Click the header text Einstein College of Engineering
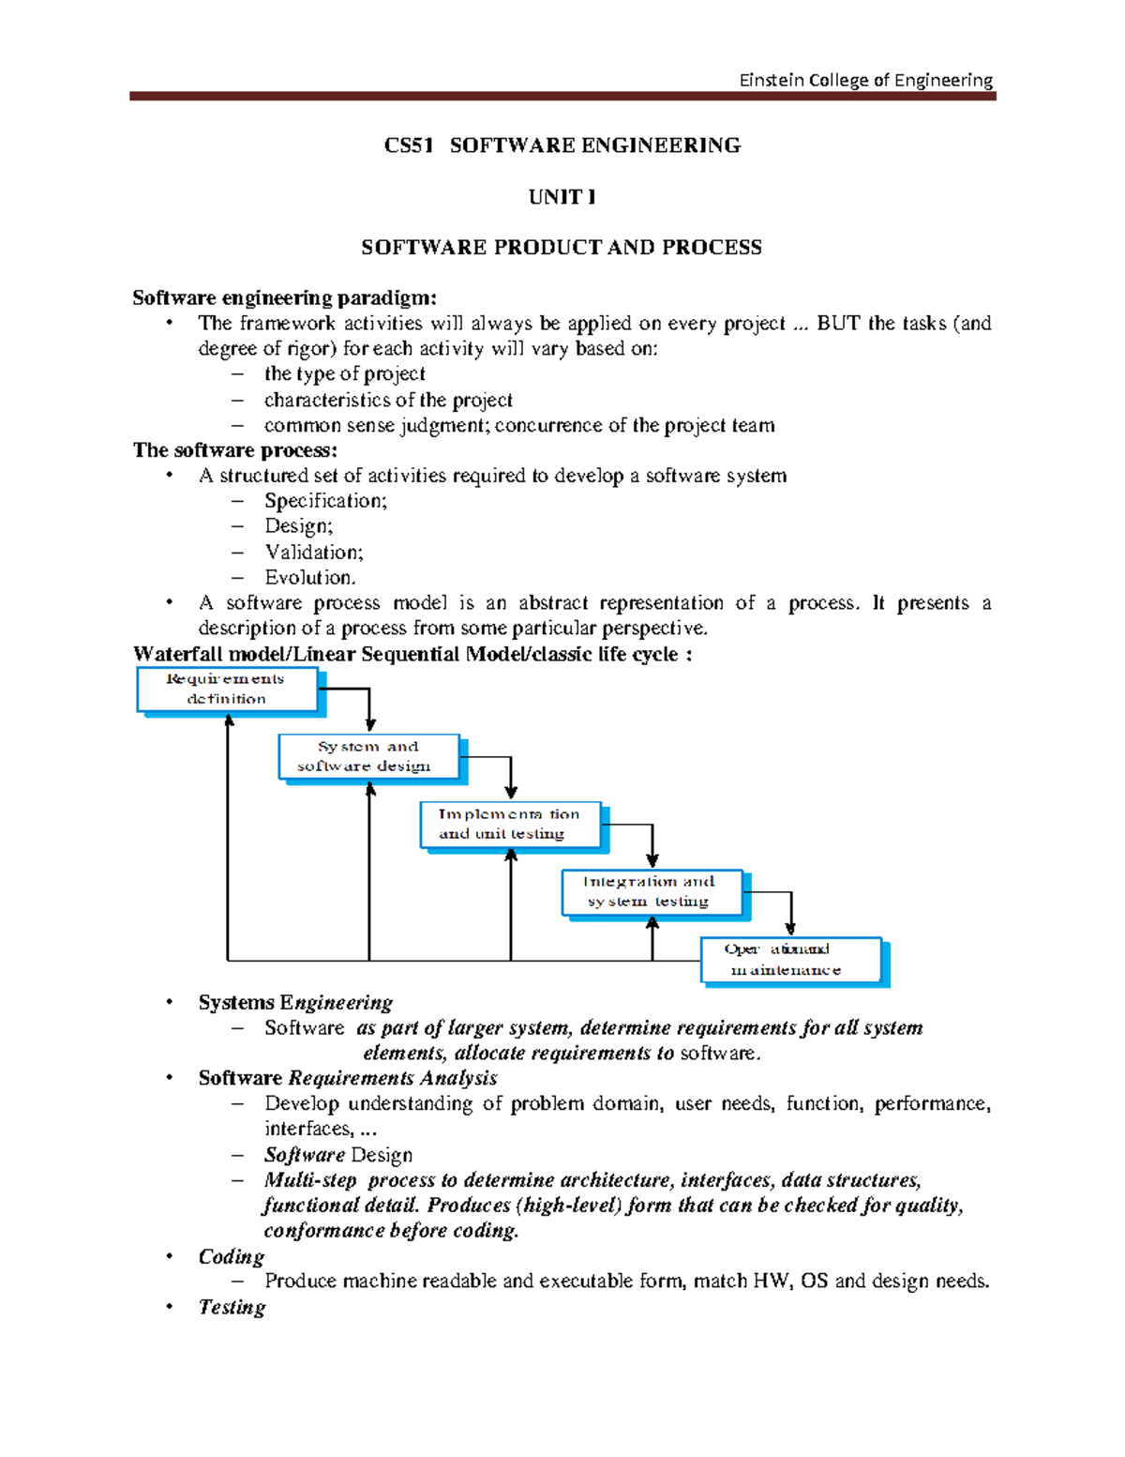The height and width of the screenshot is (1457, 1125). (865, 80)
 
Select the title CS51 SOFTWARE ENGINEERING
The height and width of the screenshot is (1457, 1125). (562, 145)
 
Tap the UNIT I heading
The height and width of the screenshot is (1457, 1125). (562, 197)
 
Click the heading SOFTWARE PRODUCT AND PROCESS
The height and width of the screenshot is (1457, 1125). (562, 248)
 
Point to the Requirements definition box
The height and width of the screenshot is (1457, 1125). (227, 690)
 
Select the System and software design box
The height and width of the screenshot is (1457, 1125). (368, 756)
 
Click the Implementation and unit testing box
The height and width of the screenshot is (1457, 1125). (510, 825)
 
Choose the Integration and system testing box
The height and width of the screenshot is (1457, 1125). (652, 891)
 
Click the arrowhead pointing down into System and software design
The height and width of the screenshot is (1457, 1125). (370, 724)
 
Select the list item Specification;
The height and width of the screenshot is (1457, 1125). (325, 501)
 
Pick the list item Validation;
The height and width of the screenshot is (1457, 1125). (313, 553)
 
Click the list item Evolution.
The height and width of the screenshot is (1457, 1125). (309, 578)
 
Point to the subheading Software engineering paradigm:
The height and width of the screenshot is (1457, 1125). (284, 298)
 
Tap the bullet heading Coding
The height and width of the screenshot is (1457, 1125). (231, 1256)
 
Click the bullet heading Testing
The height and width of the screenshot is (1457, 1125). (232, 1307)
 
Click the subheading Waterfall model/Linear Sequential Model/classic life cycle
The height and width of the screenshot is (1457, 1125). (412, 654)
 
